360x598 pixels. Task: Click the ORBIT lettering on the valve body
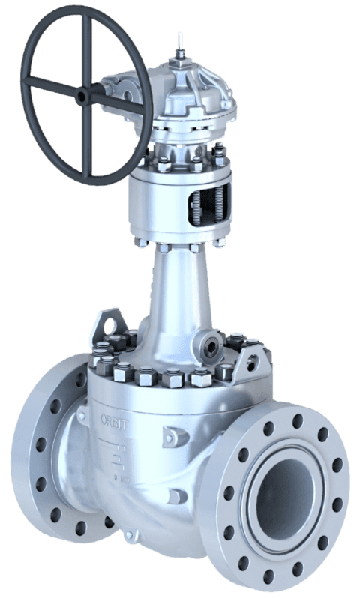coord(112,416)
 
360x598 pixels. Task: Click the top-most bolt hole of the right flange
coord(298,419)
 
